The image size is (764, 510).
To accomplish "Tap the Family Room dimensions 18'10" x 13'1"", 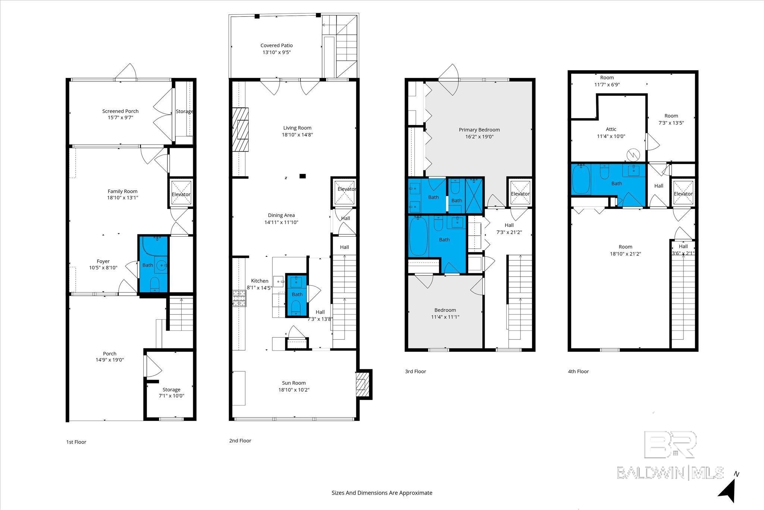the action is (x=123, y=198).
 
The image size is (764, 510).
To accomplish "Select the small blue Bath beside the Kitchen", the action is (x=297, y=295).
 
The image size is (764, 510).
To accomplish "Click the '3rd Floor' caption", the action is (x=416, y=371).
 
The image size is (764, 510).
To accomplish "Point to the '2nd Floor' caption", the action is (x=240, y=441).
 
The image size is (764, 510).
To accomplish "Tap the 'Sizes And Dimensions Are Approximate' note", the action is (x=382, y=493).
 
